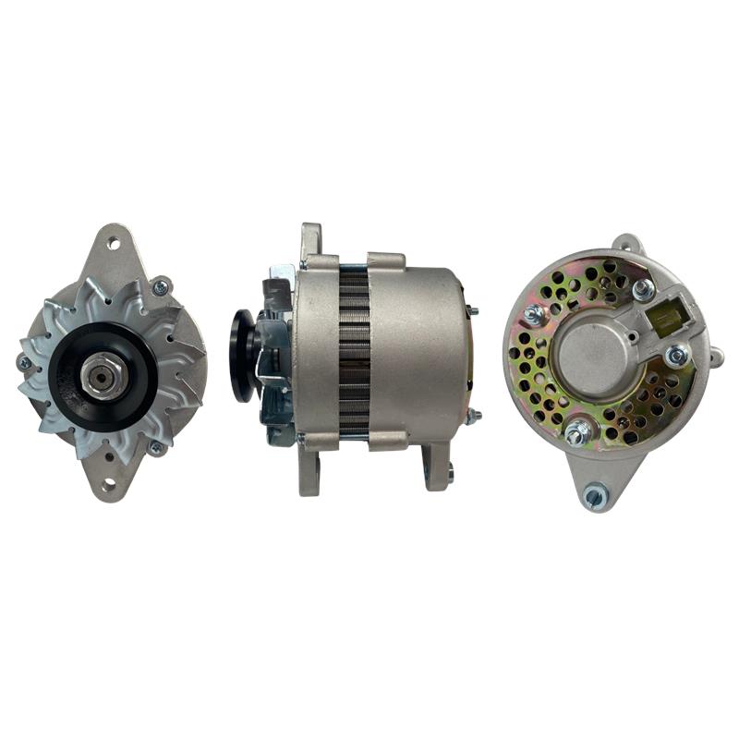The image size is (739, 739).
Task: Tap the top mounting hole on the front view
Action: pyautogui.click(x=114, y=245)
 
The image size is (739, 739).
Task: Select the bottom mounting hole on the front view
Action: pyautogui.click(x=110, y=481)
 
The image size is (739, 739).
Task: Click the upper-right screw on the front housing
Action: pyautogui.click(x=161, y=287)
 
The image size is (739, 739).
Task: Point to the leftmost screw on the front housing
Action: pyautogui.click(x=25, y=363)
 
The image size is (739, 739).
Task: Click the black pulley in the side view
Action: pyautogui.click(x=243, y=355)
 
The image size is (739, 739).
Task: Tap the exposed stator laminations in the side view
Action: pyautogui.click(x=354, y=351)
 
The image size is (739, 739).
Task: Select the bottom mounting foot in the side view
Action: pyautogui.click(x=437, y=466)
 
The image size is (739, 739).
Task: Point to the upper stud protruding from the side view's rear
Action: pyautogui.click(x=472, y=311)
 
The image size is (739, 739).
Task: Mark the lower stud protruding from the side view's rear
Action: pyautogui.click(x=472, y=417)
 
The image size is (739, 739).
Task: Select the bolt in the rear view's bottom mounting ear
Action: pyautogui.click(x=595, y=497)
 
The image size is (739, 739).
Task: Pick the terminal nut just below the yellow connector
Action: pyautogui.click(x=676, y=355)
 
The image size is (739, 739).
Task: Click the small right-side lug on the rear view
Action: pyautogui.click(x=714, y=355)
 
